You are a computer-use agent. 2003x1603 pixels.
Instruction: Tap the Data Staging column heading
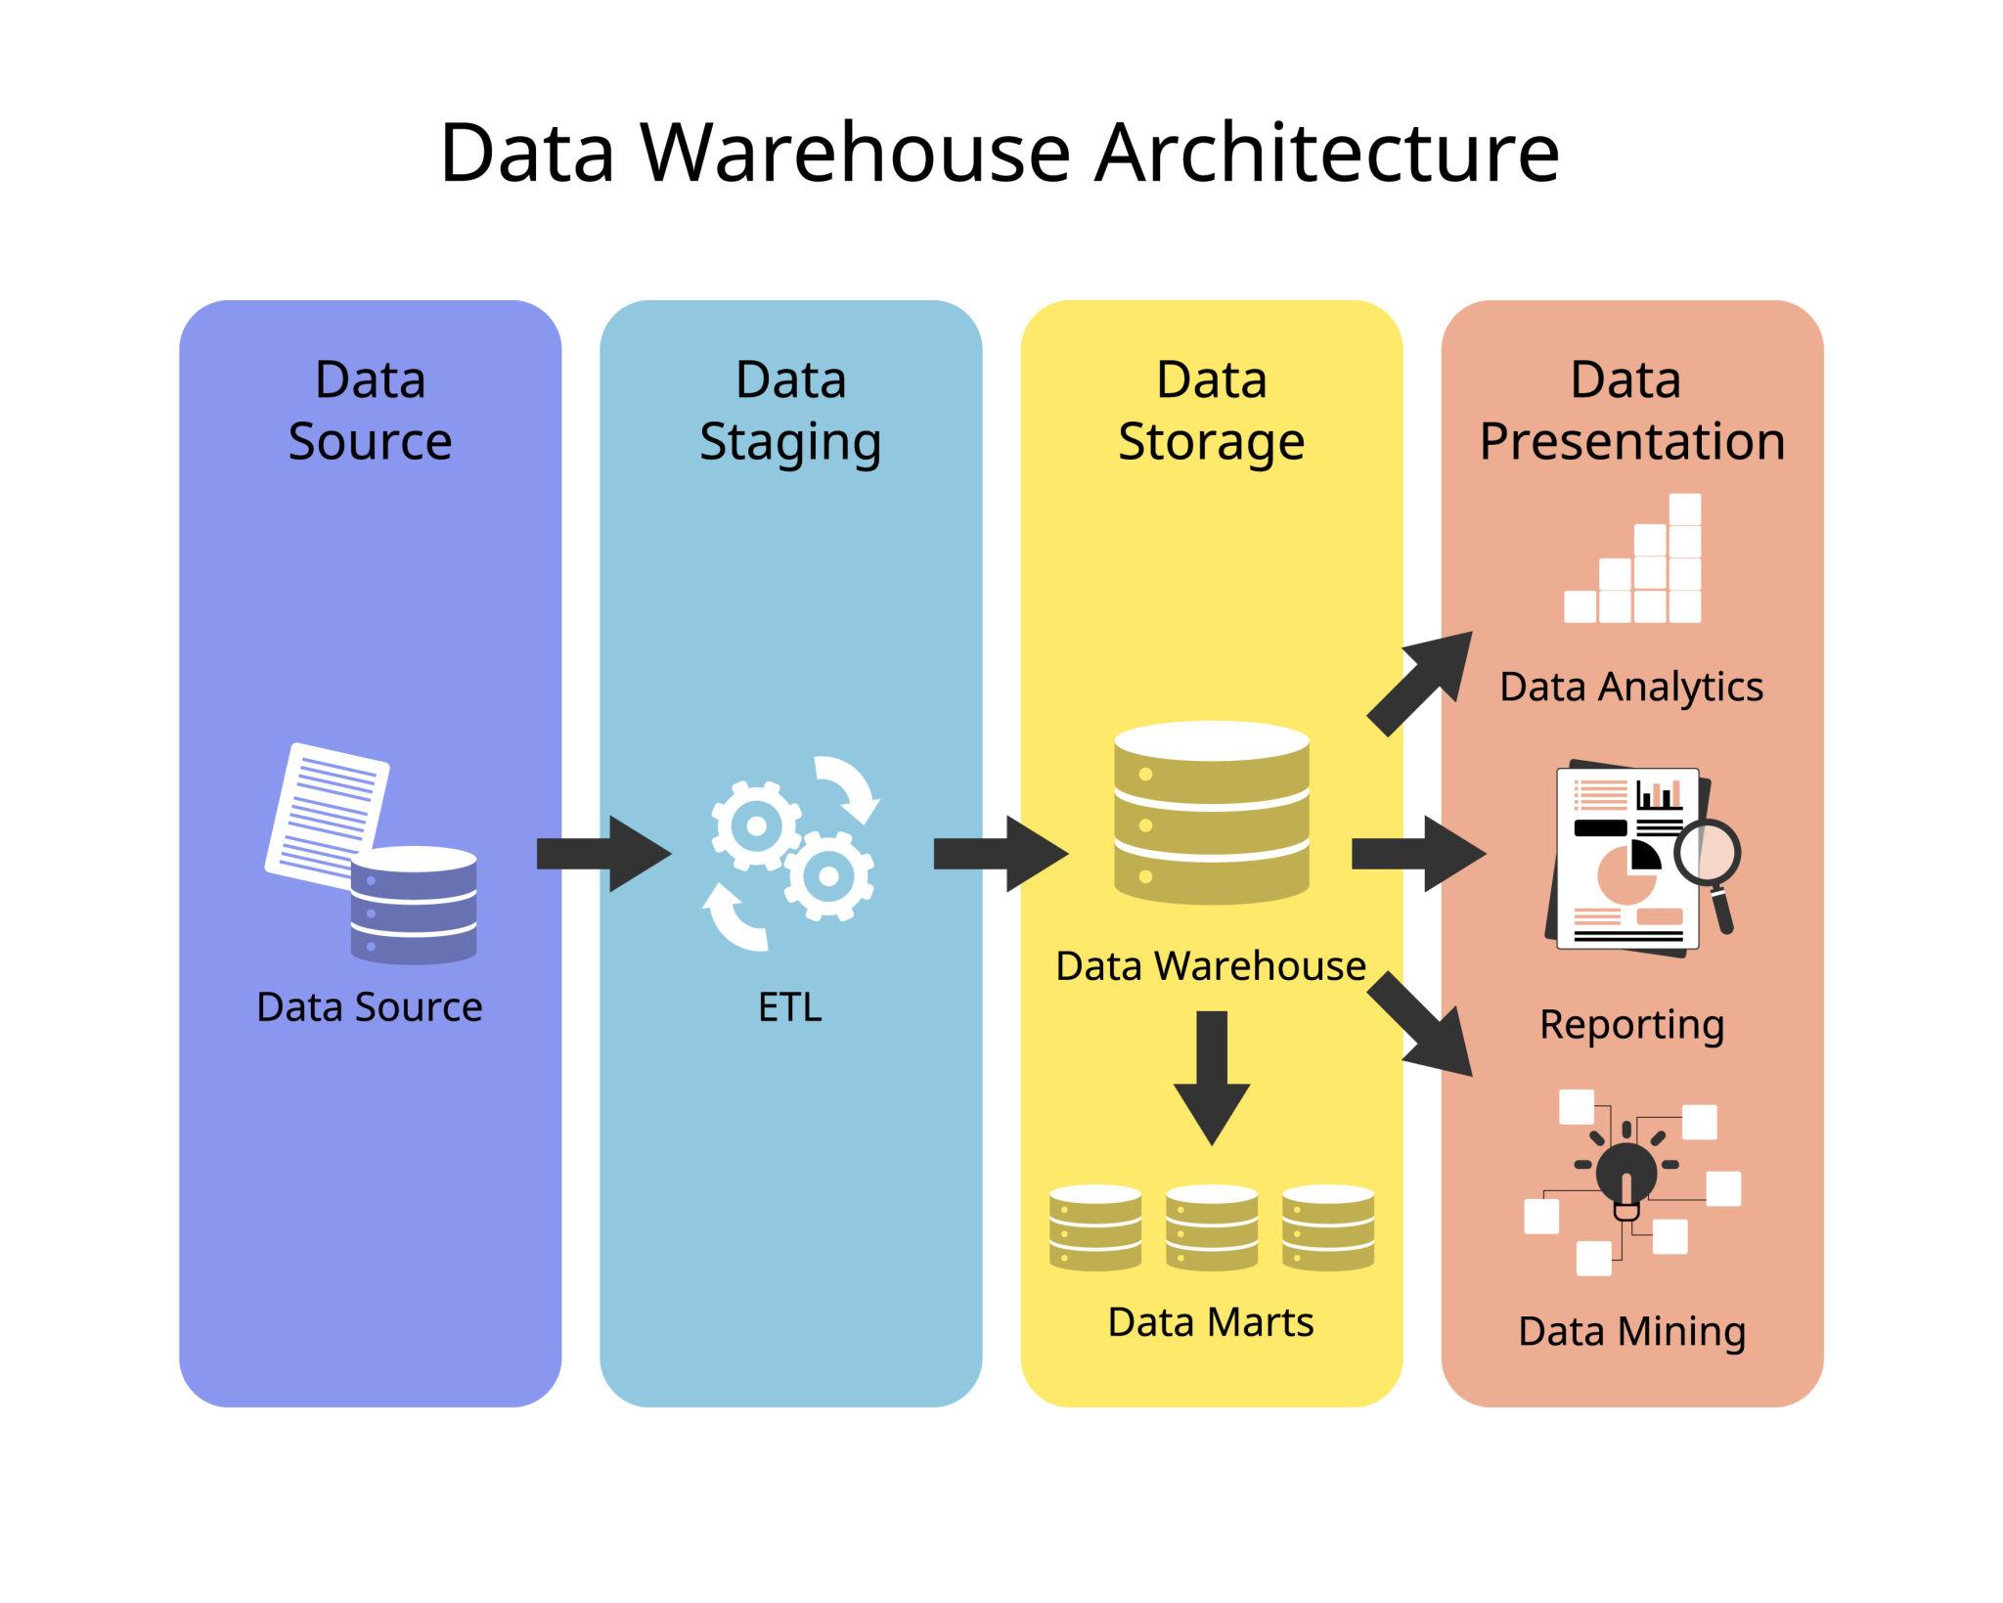[790, 410]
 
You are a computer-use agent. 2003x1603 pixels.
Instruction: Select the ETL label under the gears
[789, 1006]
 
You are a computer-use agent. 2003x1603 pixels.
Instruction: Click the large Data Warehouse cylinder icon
[1212, 812]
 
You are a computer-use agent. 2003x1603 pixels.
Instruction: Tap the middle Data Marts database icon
[1212, 1227]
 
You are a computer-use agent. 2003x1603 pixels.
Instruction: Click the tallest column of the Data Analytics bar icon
[1685, 557]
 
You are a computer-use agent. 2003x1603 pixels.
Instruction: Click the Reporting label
[1631, 1024]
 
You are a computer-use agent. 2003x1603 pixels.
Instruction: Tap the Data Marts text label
[1211, 1322]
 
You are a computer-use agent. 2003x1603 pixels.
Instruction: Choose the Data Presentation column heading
[1631, 410]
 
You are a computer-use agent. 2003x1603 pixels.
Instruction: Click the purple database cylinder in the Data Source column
[414, 905]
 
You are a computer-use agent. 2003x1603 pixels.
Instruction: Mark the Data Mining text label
[1631, 1331]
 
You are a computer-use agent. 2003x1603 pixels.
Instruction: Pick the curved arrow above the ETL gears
[850, 785]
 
